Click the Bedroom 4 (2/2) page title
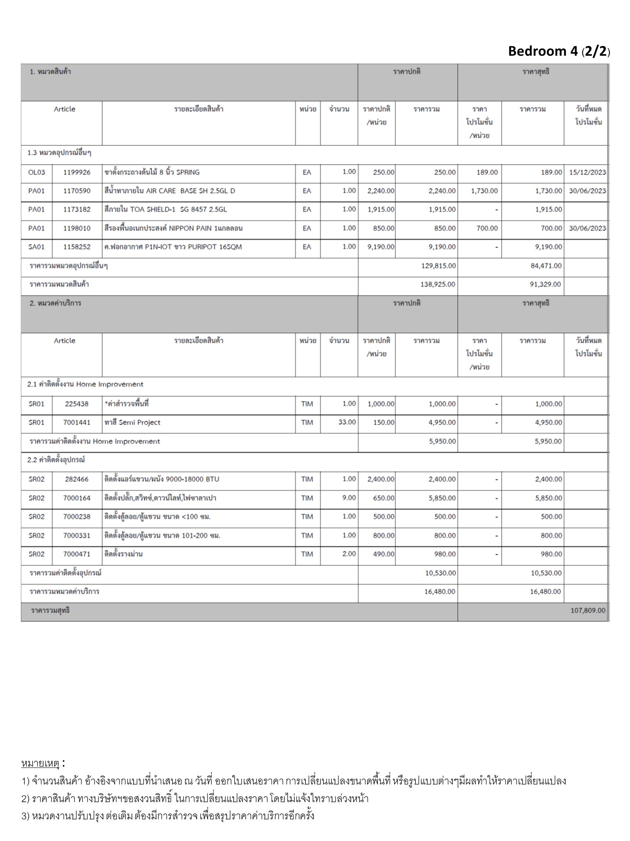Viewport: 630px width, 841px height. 559,51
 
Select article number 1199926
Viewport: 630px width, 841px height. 77,172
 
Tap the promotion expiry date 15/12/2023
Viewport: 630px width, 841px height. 587,172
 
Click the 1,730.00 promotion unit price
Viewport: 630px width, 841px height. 484,191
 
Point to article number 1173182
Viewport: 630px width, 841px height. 77,209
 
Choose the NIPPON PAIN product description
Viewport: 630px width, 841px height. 173,228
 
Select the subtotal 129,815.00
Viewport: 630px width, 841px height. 438,266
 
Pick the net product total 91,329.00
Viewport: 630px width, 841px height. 546,284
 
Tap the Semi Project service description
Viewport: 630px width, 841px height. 132,423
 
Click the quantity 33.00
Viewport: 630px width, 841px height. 347,422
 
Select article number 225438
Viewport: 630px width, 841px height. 77,404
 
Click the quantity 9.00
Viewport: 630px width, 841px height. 349,498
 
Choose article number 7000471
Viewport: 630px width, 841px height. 77,554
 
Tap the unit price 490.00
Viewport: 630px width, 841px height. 383,554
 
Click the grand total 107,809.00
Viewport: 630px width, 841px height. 587,611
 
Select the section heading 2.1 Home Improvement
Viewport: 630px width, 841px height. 85,384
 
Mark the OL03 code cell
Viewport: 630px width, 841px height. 37,172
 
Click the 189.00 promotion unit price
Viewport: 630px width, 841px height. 487,172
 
